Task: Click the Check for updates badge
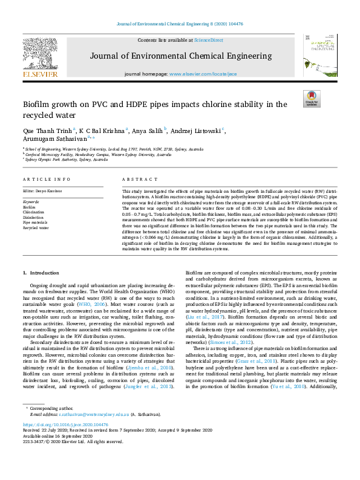312,99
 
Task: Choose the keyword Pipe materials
34,222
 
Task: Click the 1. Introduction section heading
42,274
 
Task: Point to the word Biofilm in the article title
38,105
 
